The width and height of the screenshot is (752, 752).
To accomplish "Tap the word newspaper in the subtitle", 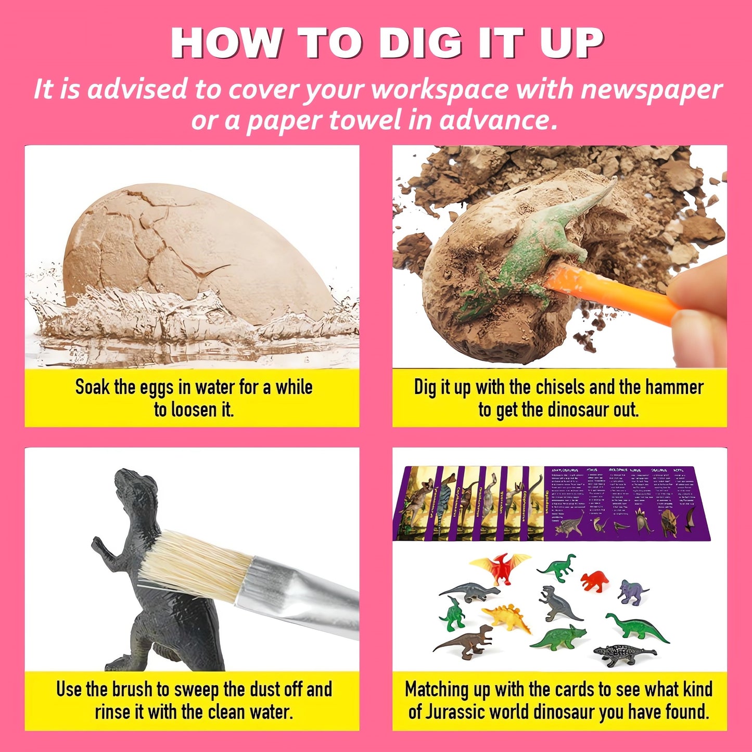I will [x=651, y=90].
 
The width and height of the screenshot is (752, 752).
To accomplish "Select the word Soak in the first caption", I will [x=93, y=388].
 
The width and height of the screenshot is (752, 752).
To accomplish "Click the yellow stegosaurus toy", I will [x=507, y=617].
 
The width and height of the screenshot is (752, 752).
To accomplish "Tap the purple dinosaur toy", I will [x=632, y=592].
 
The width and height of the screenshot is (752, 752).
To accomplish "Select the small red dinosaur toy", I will [x=595, y=580].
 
